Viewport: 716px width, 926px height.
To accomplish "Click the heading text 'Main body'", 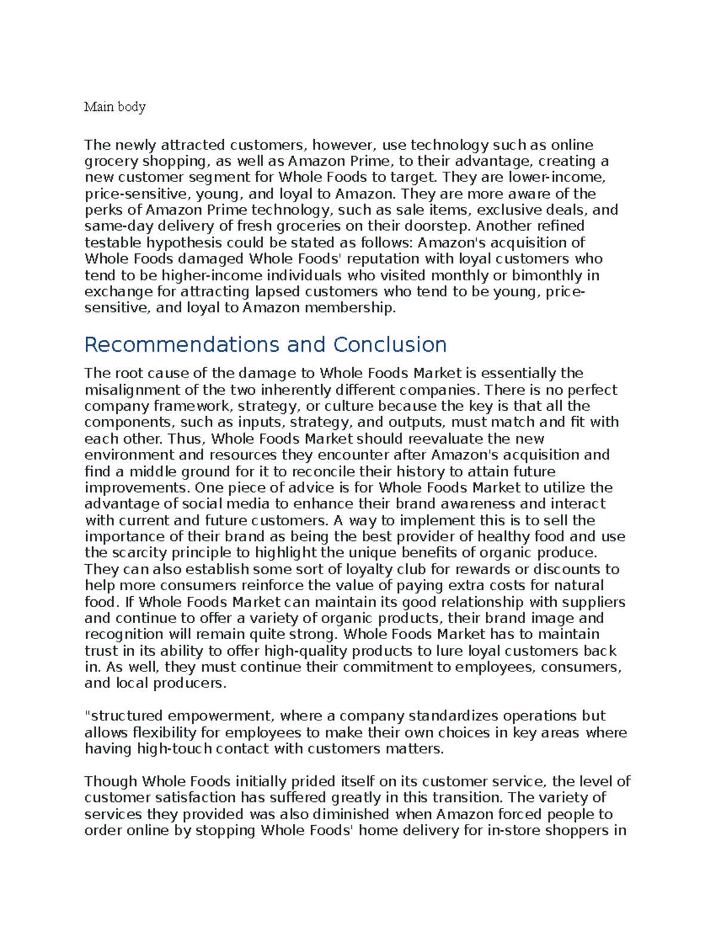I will pos(115,107).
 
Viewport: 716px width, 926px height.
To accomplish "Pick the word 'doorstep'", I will pos(437,226).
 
